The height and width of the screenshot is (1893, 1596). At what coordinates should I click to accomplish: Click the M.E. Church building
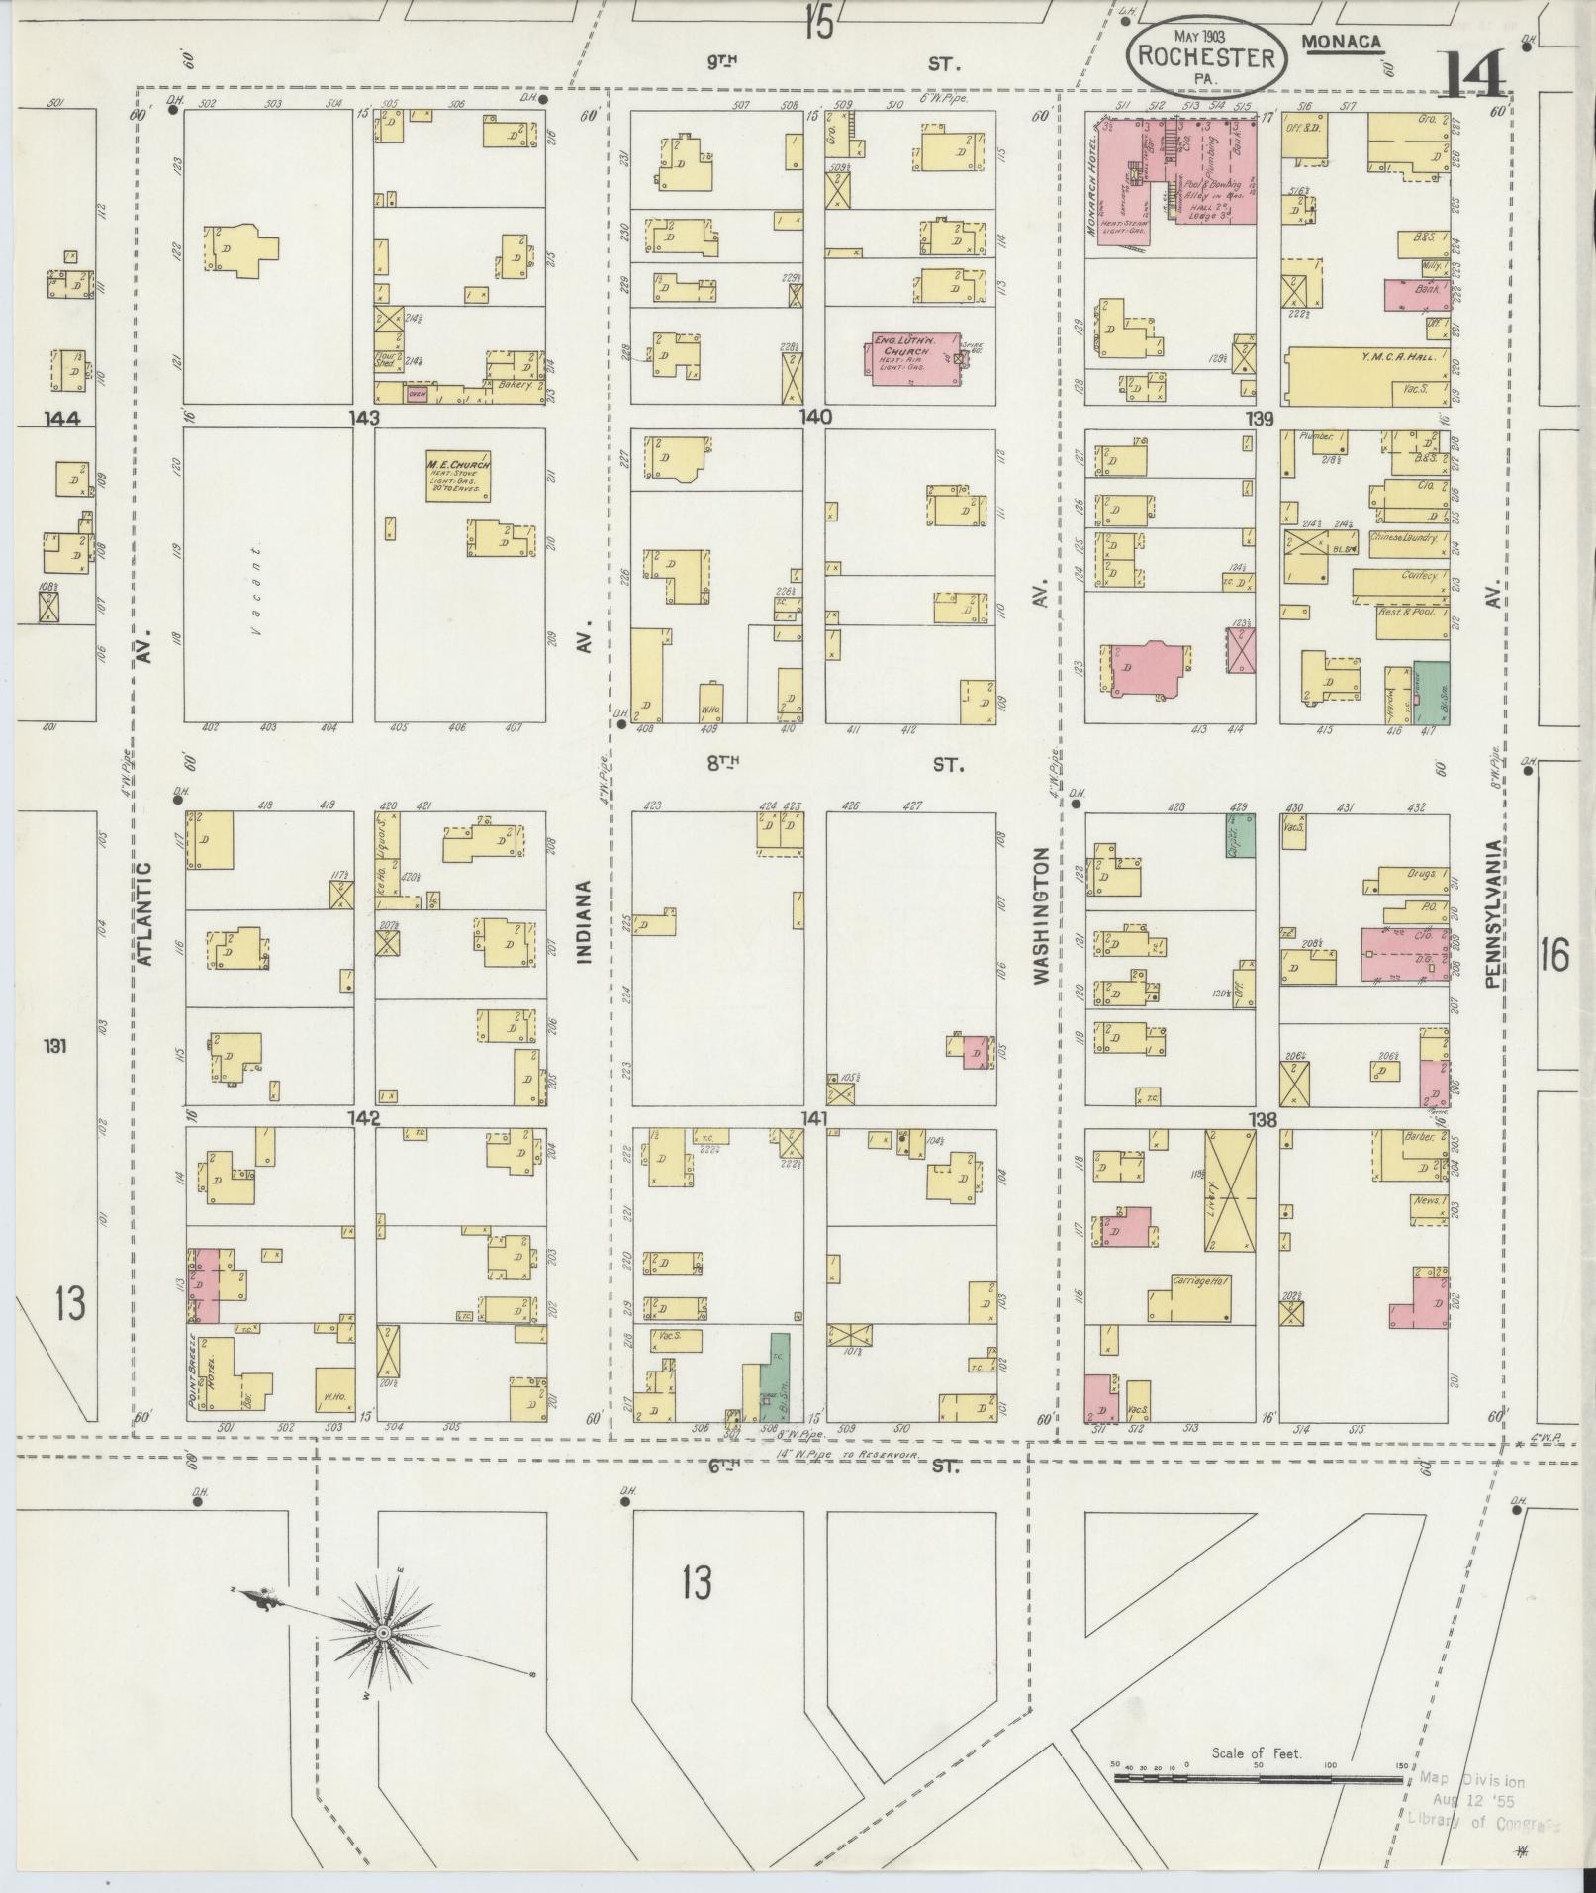coord(458,477)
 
